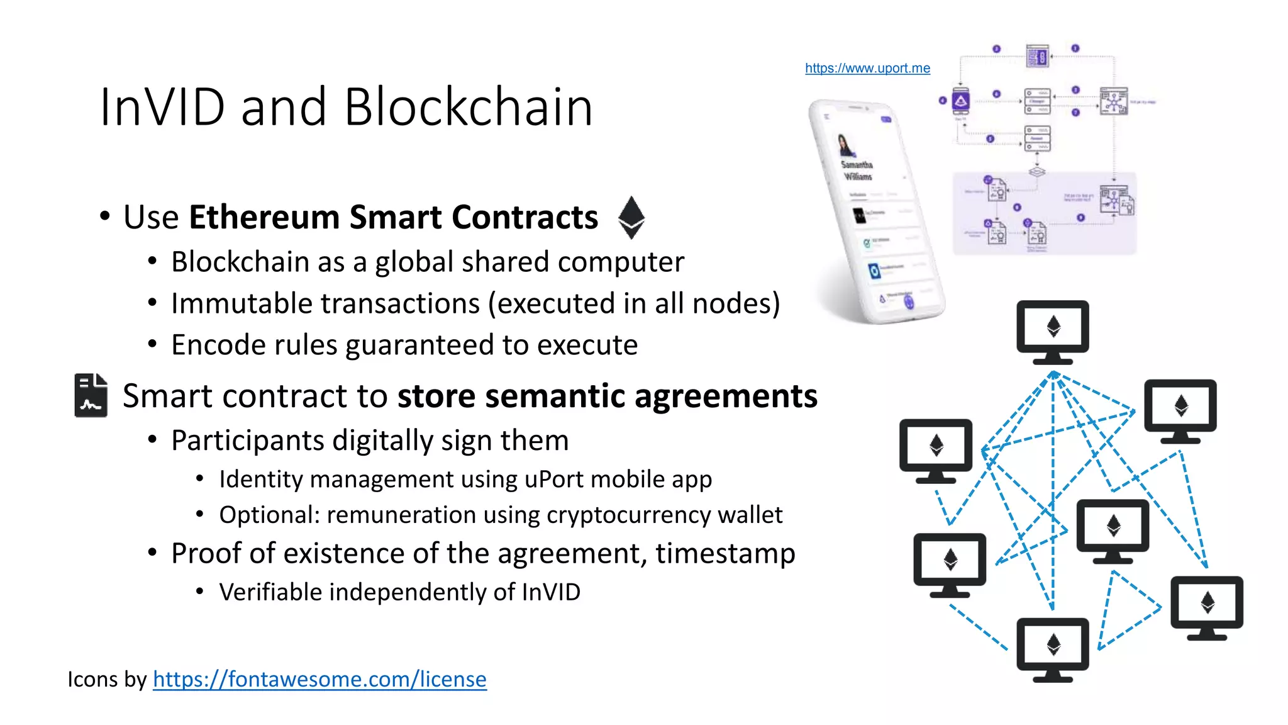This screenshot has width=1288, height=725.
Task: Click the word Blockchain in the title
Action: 468,107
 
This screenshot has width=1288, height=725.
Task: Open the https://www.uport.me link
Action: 867,68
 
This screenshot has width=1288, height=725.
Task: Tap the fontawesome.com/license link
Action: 319,679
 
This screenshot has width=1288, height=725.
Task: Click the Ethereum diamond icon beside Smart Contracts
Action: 631,217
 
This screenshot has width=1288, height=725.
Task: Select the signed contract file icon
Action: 91,395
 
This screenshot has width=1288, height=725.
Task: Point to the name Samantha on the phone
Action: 857,165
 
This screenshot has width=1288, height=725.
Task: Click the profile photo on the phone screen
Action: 846,145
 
